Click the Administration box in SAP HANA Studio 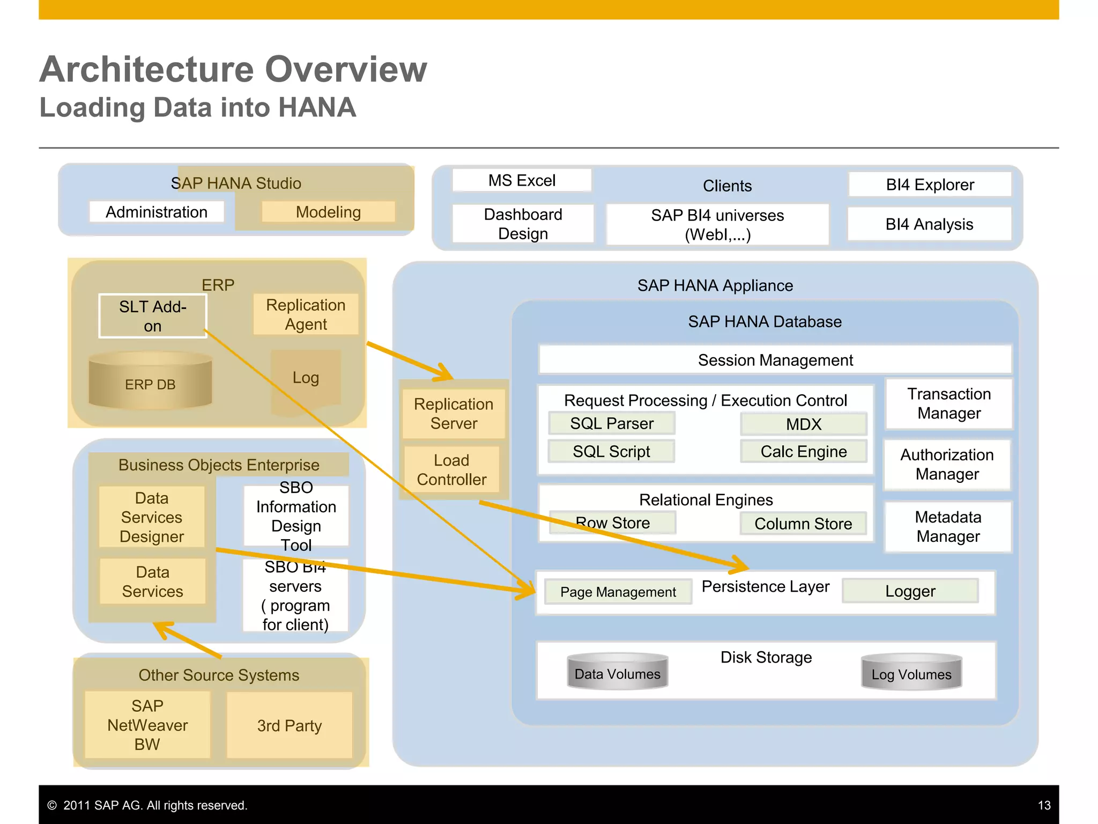click(x=157, y=212)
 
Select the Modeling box click(x=328, y=212)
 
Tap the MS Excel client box click(x=522, y=180)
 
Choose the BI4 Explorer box click(x=930, y=185)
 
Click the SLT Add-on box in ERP click(x=153, y=316)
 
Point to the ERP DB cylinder click(x=150, y=382)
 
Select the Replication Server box click(x=454, y=414)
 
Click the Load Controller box click(x=451, y=470)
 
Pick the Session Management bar click(x=775, y=360)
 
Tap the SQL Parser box click(x=612, y=423)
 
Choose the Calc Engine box click(x=803, y=451)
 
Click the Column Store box click(x=803, y=524)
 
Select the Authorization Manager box click(x=947, y=465)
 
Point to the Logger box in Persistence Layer click(x=910, y=591)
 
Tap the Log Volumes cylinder click(x=911, y=673)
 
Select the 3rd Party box click(x=290, y=725)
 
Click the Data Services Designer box click(x=152, y=517)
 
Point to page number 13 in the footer click(x=1044, y=805)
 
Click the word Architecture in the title click(x=147, y=70)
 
